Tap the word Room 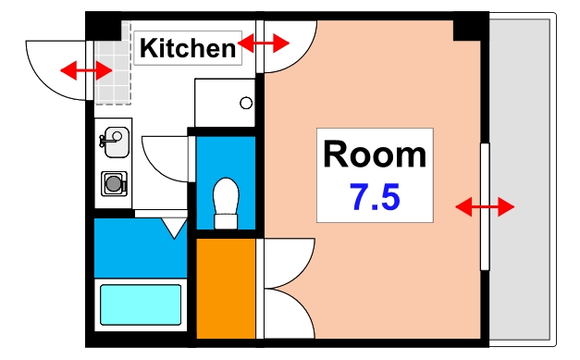(x=375, y=155)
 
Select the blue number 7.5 (x=375, y=196)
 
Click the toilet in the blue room (x=226, y=202)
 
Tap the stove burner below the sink (x=114, y=183)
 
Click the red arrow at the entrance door (x=81, y=69)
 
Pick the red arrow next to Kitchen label (x=264, y=43)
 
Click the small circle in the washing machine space (x=245, y=103)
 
